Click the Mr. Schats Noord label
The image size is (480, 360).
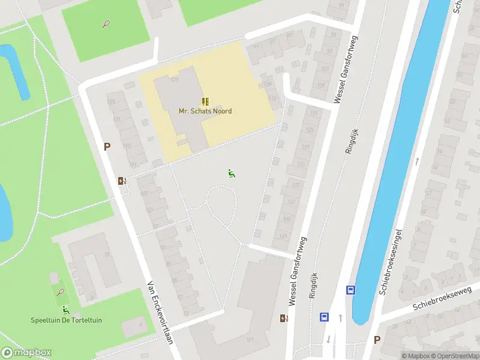205,111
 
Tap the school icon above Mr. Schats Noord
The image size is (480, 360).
205,101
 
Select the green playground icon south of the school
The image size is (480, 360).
231,173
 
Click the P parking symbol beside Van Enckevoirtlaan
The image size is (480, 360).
107,146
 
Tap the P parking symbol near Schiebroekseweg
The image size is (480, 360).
377,340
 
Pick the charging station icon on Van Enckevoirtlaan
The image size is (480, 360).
122,181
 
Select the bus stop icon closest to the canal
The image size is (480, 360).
350,290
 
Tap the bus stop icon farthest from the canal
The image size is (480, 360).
324,317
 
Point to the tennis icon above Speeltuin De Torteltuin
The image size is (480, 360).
61,292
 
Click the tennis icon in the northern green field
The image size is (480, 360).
106,25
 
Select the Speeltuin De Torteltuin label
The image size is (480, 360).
66,320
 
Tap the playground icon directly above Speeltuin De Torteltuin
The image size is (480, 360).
66,310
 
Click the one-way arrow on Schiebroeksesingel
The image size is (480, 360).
416,161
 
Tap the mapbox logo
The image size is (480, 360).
26,353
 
